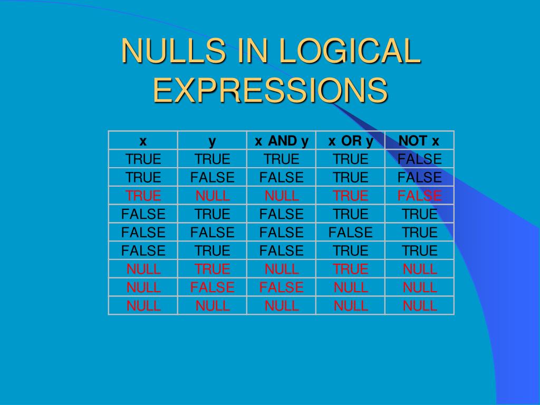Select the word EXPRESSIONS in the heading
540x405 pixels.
(270, 90)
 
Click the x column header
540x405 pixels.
(143, 141)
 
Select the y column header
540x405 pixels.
(212, 141)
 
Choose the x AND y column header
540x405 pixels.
(282, 141)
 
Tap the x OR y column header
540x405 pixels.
(351, 141)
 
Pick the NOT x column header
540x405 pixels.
(419, 141)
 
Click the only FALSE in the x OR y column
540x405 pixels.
(351, 233)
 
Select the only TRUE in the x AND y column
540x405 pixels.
(282, 159)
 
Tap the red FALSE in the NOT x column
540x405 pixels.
(419, 196)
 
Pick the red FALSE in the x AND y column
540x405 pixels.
(282, 287)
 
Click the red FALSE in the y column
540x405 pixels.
(212, 287)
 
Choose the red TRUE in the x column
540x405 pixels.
(143, 196)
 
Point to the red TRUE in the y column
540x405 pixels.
(212, 269)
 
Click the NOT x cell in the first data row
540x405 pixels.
(419, 159)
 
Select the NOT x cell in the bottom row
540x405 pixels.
(419, 306)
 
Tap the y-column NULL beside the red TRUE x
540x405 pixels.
(212, 196)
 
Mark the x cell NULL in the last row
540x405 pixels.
(143, 306)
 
